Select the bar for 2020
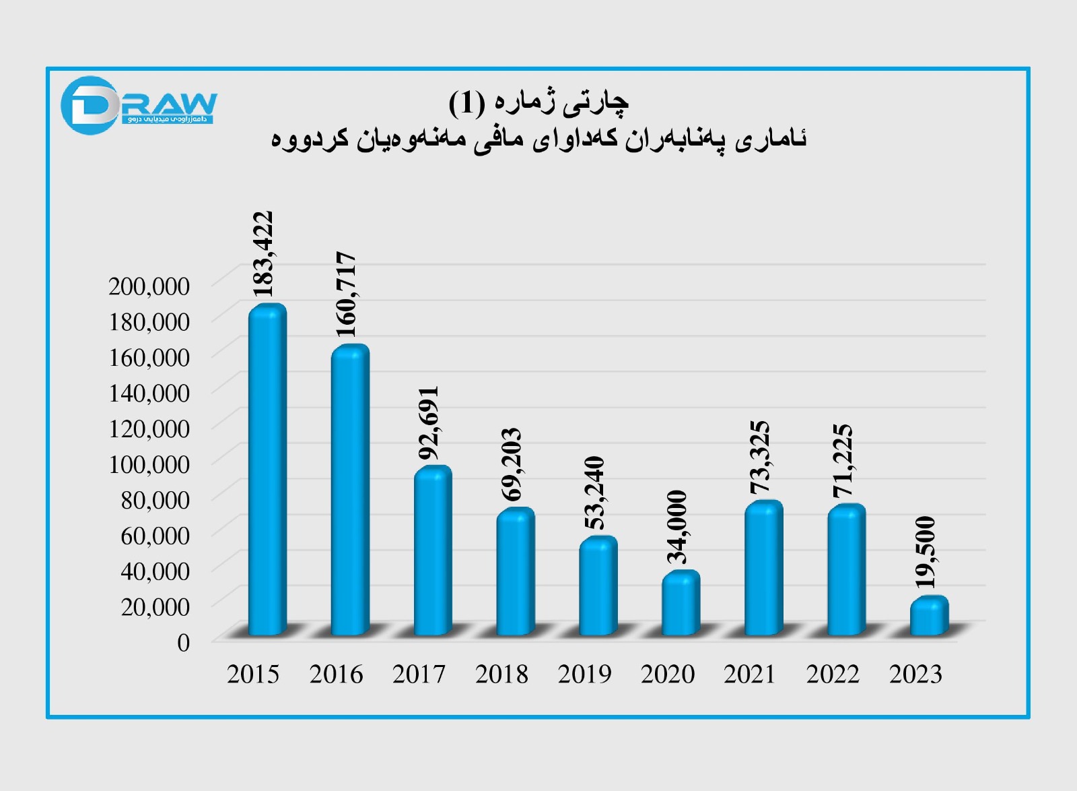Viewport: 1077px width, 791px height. click(x=681, y=603)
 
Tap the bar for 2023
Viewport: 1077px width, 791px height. click(x=929, y=616)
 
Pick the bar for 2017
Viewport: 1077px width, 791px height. click(x=433, y=550)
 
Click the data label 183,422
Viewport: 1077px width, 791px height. click(x=263, y=254)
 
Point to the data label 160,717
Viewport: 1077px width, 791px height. click(x=345, y=294)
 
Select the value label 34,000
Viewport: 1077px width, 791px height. click(x=676, y=527)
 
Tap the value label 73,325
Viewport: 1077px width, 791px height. click(x=759, y=458)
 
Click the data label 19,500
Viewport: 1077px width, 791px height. click(x=926, y=552)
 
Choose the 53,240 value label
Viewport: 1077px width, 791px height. click(x=594, y=493)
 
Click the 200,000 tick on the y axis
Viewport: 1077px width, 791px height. click(x=149, y=286)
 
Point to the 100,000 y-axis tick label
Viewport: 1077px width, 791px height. click(x=149, y=464)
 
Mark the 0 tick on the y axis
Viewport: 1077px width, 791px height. click(x=184, y=642)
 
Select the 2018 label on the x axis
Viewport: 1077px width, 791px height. click(x=501, y=674)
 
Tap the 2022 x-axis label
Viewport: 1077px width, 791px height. click(x=833, y=674)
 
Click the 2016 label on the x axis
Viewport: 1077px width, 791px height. click(x=336, y=674)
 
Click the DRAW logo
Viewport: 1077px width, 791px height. click(x=139, y=106)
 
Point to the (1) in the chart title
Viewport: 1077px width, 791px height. click(x=466, y=102)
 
